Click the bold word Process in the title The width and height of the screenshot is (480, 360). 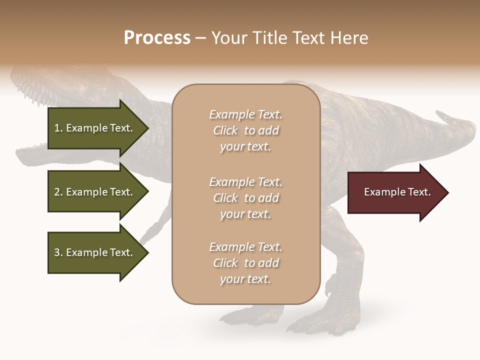click(157, 38)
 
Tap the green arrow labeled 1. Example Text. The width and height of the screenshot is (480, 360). click(95, 128)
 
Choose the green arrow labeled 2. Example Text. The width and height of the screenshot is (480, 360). click(95, 192)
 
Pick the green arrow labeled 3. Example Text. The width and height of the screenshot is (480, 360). click(95, 252)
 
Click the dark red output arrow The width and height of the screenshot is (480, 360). click(395, 192)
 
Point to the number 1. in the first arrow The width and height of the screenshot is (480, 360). click(58, 128)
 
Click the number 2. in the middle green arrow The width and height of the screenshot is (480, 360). click(58, 192)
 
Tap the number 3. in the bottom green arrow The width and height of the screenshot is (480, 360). click(58, 252)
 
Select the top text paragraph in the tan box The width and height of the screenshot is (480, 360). click(245, 130)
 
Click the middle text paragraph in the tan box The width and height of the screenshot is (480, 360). click(245, 198)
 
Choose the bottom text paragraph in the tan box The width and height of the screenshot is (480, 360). click(245, 263)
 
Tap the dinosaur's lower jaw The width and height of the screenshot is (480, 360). click(40, 152)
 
